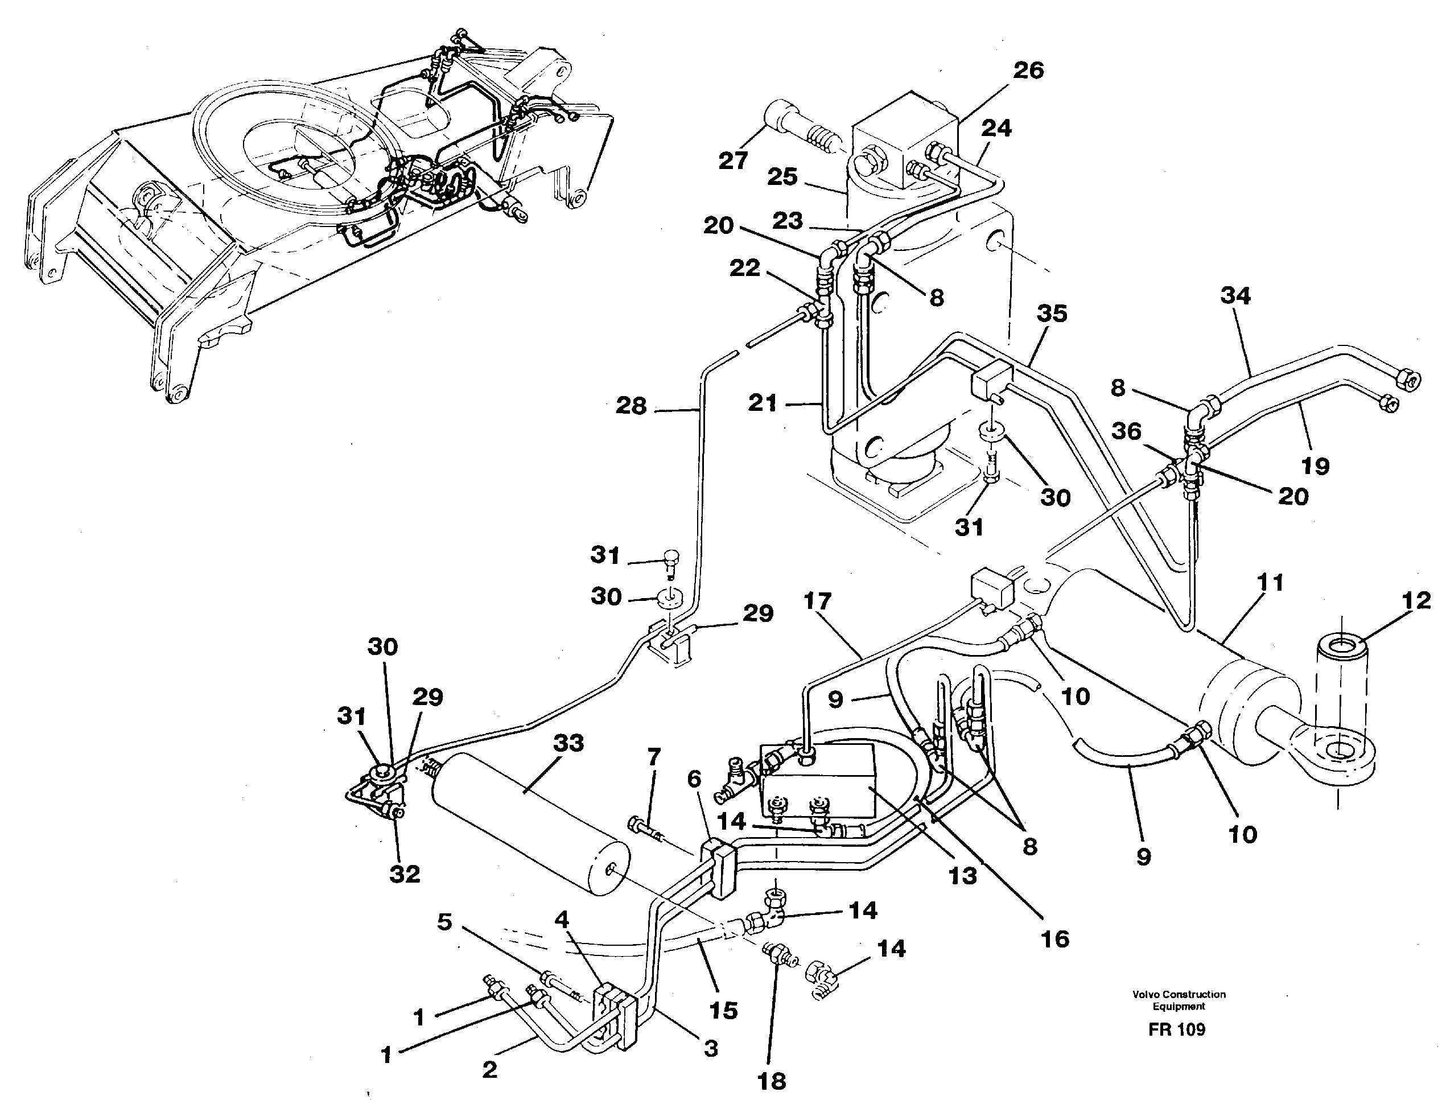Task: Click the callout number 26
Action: pyautogui.click(x=1028, y=71)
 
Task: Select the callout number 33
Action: pyautogui.click(x=568, y=744)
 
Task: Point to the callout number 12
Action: pyautogui.click(x=1416, y=600)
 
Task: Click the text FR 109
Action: pyautogui.click(x=1176, y=1030)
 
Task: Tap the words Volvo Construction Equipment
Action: pyautogui.click(x=1179, y=1000)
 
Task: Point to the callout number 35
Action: pyautogui.click(x=1052, y=313)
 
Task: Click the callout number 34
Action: pyautogui.click(x=1235, y=295)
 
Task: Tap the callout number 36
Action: pyautogui.click(x=1126, y=431)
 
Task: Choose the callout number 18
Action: pyautogui.click(x=772, y=1081)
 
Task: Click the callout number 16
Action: pyautogui.click(x=1054, y=939)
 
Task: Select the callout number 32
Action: pyautogui.click(x=404, y=874)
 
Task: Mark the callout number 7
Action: pyautogui.click(x=653, y=757)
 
